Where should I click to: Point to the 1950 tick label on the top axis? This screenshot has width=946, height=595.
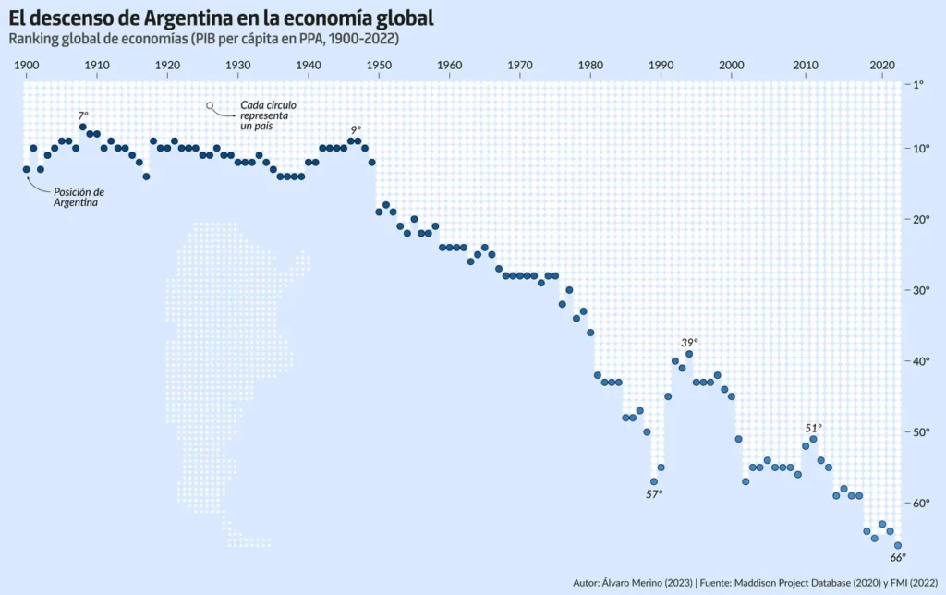[x=379, y=66]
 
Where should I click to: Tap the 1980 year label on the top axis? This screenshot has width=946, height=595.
[x=590, y=66]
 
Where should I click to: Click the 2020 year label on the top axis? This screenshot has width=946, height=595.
[x=880, y=66]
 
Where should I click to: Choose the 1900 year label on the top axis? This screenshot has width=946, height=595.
[x=26, y=66]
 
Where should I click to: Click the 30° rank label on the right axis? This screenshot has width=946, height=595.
[x=923, y=290]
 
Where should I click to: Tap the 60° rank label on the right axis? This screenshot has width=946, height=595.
[x=923, y=504]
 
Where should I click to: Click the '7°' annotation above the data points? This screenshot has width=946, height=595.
[x=83, y=115]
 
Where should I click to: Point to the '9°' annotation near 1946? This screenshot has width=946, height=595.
[x=356, y=130]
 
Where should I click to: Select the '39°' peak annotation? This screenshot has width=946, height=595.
[x=689, y=343]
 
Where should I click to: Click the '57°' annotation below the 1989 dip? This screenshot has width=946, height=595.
[x=654, y=494]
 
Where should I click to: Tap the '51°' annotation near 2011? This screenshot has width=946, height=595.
[x=813, y=428]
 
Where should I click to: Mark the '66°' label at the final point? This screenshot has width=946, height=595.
[x=898, y=557]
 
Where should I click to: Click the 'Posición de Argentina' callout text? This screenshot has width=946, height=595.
[x=79, y=198]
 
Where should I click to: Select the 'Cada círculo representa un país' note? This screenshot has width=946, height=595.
[x=264, y=115]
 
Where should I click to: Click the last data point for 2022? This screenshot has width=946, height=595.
[x=897, y=545]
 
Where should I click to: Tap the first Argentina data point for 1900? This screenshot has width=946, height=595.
[x=26, y=169]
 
